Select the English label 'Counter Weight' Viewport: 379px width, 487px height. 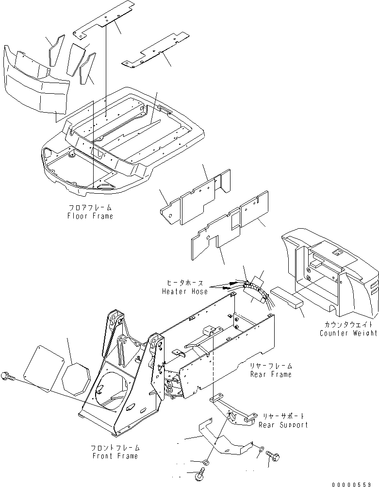click(348, 333)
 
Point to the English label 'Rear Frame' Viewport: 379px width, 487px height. click(271, 374)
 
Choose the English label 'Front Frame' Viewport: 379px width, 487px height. click(115, 456)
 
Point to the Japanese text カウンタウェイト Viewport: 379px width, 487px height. click(348, 325)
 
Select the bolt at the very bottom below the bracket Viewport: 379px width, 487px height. click(201, 471)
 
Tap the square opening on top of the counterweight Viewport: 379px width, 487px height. click(334, 252)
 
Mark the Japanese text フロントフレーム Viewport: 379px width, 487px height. click(115, 448)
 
